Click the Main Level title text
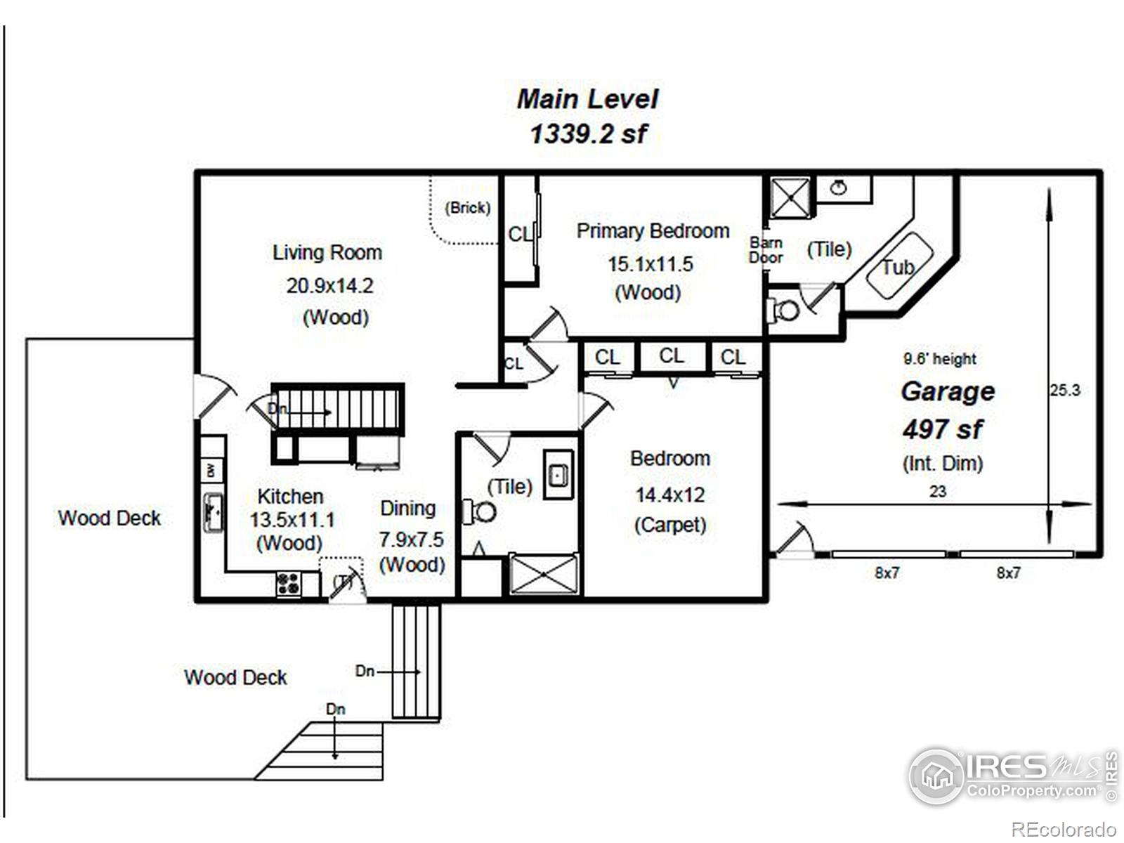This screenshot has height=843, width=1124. tap(587, 99)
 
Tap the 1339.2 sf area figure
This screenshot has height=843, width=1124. tap(587, 133)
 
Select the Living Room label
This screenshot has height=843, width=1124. tap(327, 252)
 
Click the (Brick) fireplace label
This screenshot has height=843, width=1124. tap(467, 208)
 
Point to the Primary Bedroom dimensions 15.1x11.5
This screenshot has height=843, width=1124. tap(650, 264)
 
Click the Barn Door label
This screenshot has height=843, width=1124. tap(766, 250)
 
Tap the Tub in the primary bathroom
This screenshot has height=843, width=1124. tap(898, 267)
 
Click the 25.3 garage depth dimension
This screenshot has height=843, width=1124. tap(1065, 390)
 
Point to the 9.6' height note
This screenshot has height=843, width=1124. tap(940, 359)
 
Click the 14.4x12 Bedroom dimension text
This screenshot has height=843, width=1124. tap(669, 495)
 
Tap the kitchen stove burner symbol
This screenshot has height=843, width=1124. tap(288, 583)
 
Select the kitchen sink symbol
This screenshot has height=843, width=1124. tap(213, 513)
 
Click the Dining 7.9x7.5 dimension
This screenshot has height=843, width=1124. tap(412, 540)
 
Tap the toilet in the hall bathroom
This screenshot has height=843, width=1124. tap(481, 511)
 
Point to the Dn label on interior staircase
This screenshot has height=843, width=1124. tap(277, 409)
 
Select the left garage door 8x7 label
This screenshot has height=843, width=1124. tap(887, 573)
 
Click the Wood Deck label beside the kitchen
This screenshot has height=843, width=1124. tap(110, 518)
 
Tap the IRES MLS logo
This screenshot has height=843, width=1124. tap(1012, 776)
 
